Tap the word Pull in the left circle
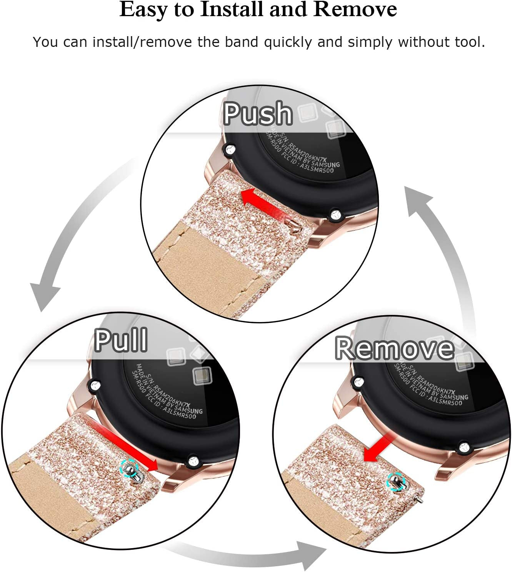[121, 340]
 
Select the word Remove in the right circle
[394, 348]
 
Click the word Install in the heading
[233, 10]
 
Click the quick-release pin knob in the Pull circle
[130, 469]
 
